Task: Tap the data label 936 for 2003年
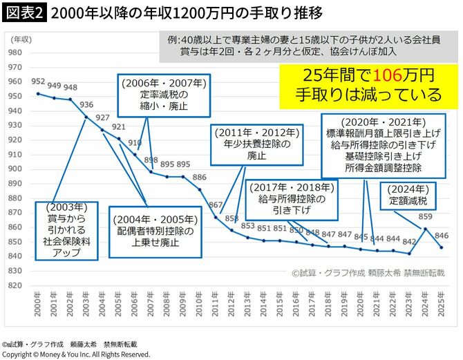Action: [x=86, y=105]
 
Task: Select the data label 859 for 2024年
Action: [x=425, y=217]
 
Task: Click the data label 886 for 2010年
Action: [x=199, y=178]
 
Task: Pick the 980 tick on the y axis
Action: [x=13, y=53]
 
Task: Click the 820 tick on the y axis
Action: [x=13, y=285]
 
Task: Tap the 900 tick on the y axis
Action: [x=13, y=169]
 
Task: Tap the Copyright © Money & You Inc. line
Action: [x=75, y=354]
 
